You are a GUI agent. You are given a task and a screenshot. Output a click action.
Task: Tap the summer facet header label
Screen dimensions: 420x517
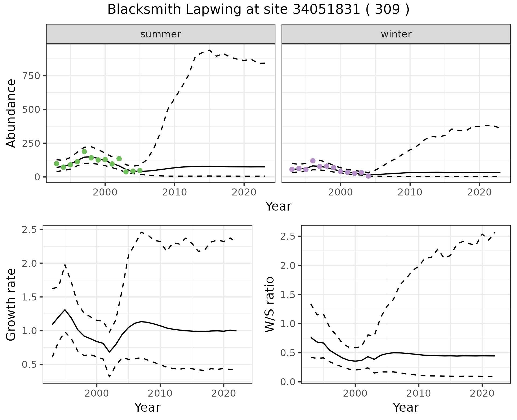(161, 34)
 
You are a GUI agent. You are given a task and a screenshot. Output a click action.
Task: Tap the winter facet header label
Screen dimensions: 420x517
(396, 34)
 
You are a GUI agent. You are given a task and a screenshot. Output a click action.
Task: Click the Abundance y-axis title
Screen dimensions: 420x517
(11, 113)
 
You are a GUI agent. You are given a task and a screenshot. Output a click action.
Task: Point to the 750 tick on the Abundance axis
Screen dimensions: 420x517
(32, 76)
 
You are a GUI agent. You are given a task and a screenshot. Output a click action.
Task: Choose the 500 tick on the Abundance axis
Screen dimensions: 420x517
(32, 110)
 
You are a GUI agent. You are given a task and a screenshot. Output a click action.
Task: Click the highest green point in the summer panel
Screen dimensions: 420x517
(84, 152)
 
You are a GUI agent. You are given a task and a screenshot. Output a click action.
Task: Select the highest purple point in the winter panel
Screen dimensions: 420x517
(313, 161)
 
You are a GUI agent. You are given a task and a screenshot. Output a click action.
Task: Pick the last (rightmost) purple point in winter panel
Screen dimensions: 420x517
(368, 176)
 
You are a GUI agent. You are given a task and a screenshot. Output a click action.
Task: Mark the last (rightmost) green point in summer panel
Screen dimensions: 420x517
(140, 171)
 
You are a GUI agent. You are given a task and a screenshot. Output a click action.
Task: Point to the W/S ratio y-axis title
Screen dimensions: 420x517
(269, 304)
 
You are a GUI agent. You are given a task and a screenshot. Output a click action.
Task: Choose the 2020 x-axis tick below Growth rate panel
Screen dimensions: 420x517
(223, 393)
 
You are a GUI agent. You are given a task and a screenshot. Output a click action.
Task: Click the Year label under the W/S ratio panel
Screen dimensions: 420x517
(406, 408)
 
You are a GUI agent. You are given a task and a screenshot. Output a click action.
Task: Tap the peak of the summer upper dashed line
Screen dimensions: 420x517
(209, 50)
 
